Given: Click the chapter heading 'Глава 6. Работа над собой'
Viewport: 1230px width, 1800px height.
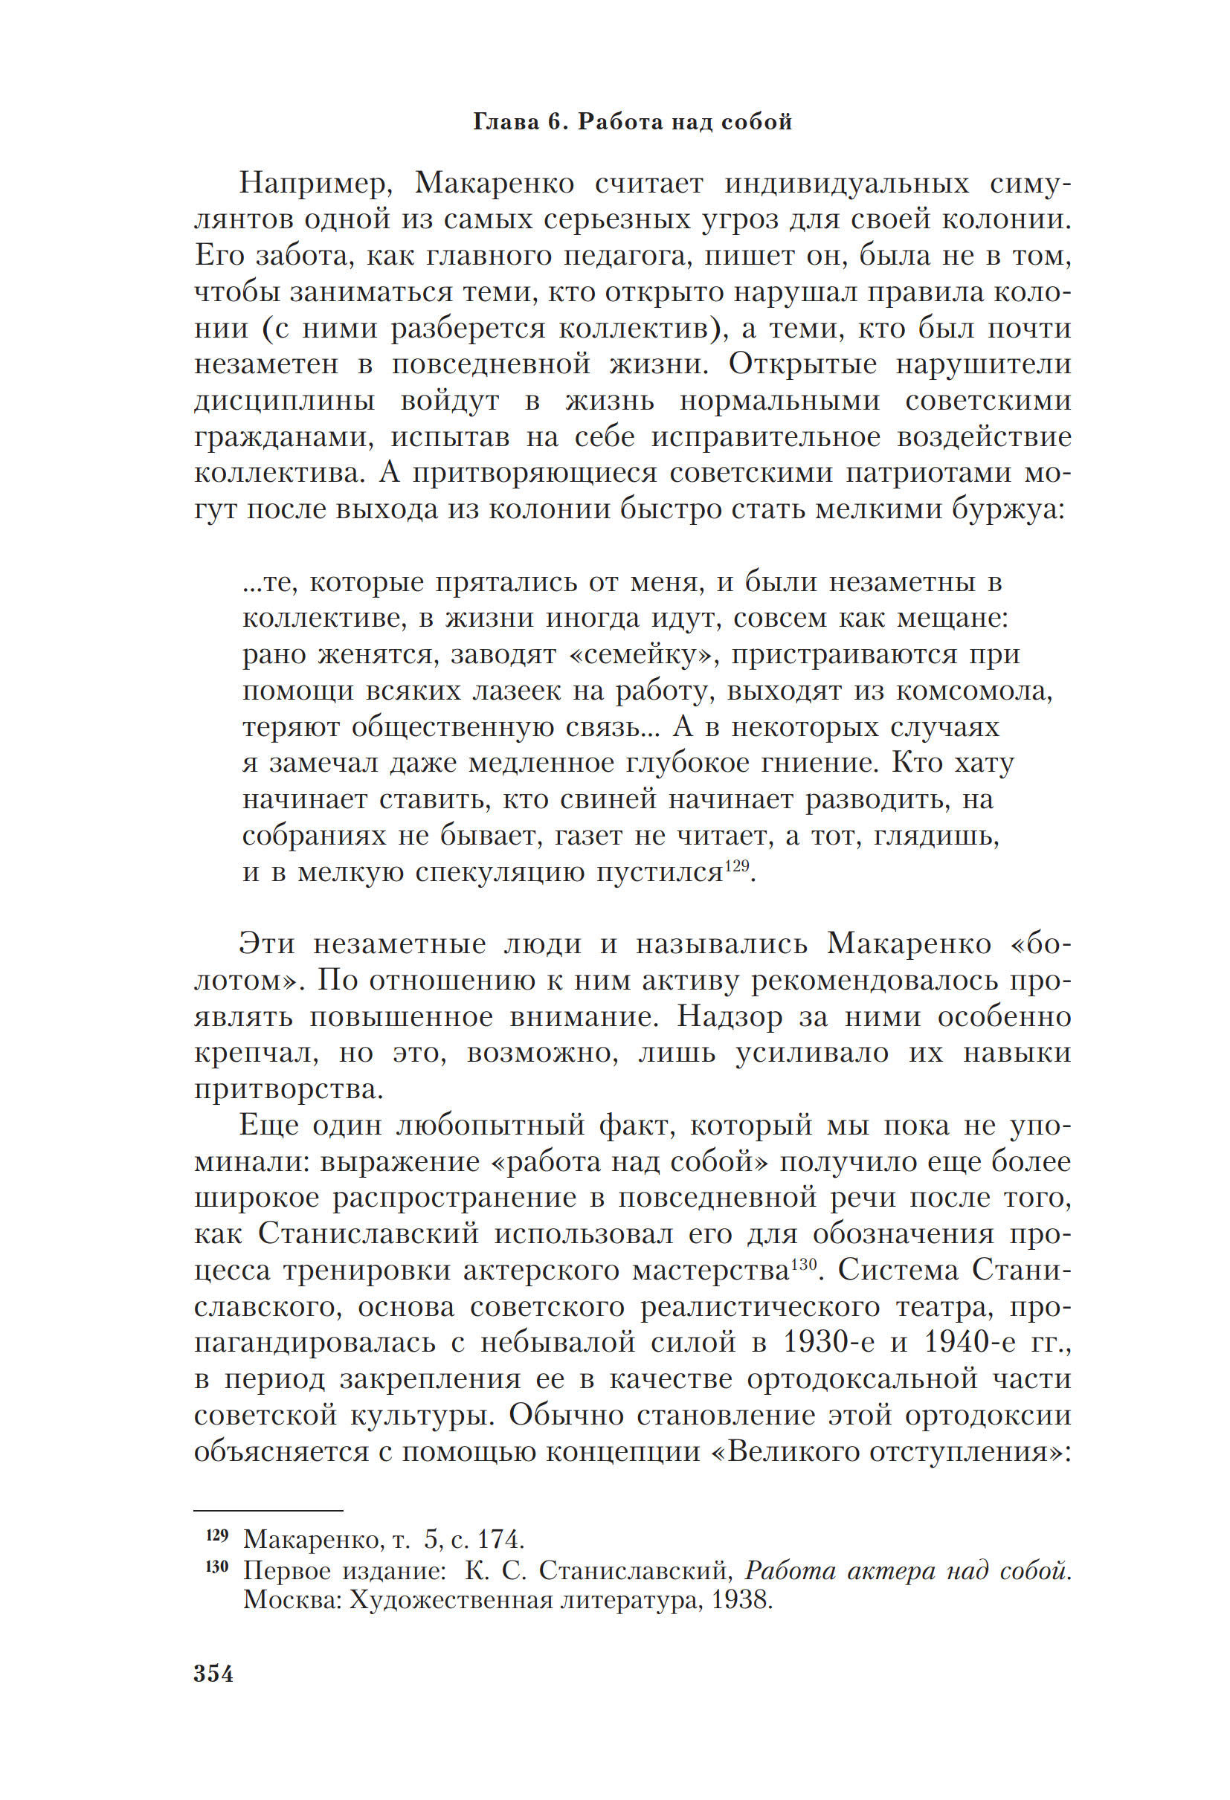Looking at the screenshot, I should [632, 123].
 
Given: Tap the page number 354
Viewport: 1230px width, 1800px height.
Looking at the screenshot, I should [213, 1674].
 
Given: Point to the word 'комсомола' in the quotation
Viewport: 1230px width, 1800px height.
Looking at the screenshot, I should [973, 691].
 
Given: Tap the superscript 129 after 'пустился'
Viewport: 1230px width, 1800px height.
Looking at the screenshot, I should [737, 865].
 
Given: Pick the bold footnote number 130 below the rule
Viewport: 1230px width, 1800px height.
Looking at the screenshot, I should [218, 1567].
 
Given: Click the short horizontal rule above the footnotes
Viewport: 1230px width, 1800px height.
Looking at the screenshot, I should [268, 1510].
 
